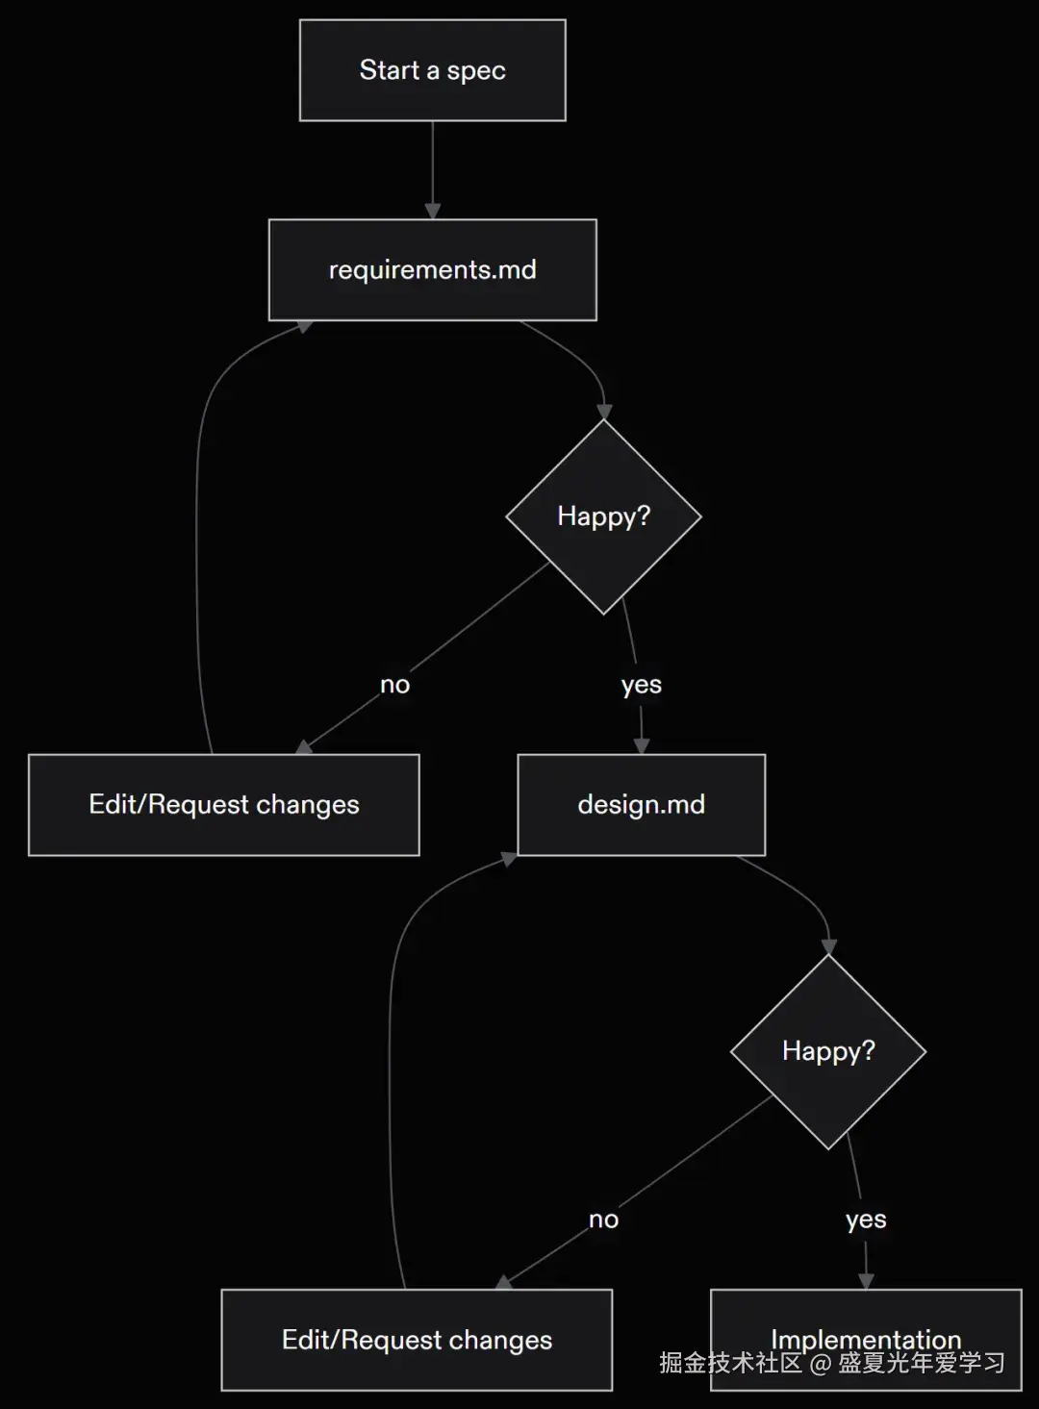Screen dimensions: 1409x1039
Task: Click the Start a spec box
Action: [x=432, y=70]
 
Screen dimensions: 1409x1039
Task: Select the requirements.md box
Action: [x=432, y=269]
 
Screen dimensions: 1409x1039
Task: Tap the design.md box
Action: [x=641, y=804]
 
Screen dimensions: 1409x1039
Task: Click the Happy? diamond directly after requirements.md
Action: [x=603, y=516]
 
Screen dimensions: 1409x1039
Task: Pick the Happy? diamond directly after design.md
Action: [x=828, y=1051]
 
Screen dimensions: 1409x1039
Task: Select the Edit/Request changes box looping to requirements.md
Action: [x=223, y=804]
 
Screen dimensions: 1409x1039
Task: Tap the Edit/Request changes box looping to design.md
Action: [x=416, y=1339]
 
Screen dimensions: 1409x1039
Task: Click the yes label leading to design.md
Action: [x=641, y=685]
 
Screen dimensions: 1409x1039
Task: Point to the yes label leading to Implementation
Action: [x=866, y=1220]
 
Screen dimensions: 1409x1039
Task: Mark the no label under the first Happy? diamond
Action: [x=394, y=685]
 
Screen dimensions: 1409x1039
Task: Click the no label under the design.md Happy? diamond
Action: [x=603, y=1220]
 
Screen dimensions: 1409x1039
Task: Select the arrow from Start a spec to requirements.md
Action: [x=432, y=169]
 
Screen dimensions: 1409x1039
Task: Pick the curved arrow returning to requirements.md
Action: [x=197, y=539]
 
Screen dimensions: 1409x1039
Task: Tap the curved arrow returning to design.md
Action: [x=390, y=1068]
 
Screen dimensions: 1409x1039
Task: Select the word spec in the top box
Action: [x=476, y=71]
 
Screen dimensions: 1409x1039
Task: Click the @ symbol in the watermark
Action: [x=820, y=1363]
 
